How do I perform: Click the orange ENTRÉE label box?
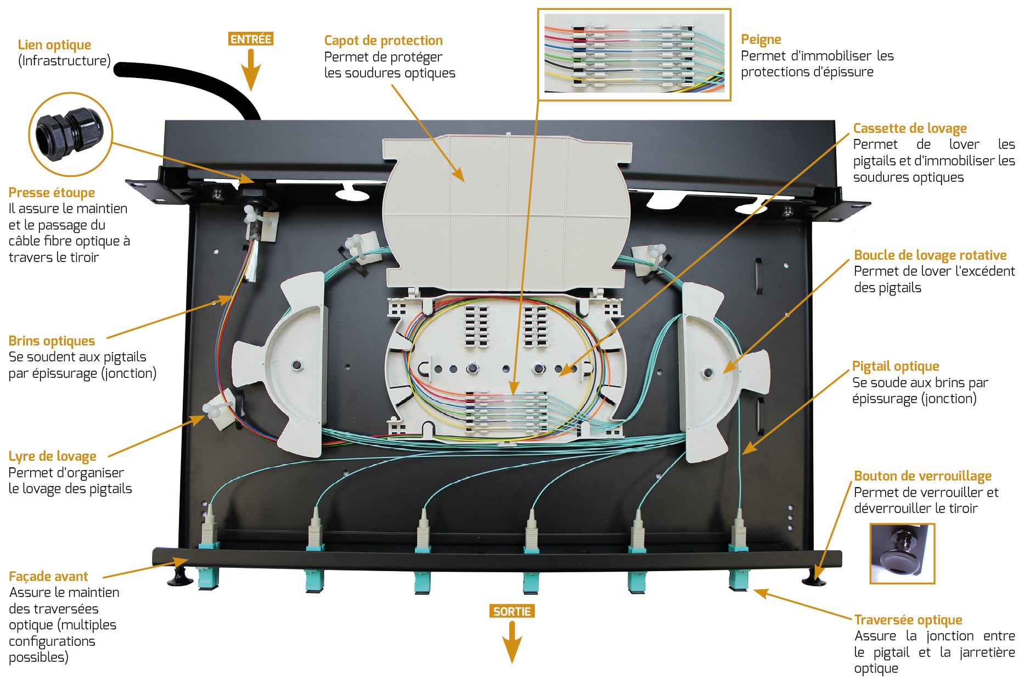(x=251, y=39)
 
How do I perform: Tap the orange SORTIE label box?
(x=511, y=611)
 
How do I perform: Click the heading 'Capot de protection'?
(x=383, y=41)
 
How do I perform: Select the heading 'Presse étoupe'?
(x=52, y=193)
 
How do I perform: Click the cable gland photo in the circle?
(x=70, y=135)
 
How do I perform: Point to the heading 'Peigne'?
(x=761, y=40)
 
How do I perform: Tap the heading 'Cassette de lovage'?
(x=909, y=129)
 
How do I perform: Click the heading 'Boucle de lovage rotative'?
(x=930, y=255)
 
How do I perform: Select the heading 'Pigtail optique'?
(x=895, y=366)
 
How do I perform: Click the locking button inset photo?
(x=902, y=553)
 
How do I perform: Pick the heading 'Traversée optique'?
(x=908, y=620)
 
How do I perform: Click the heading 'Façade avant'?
(x=48, y=577)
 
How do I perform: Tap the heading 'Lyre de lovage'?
(x=52, y=456)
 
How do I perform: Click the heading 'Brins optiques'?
(x=52, y=341)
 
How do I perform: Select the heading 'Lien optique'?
(x=54, y=45)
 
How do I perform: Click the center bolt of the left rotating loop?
(x=297, y=365)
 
